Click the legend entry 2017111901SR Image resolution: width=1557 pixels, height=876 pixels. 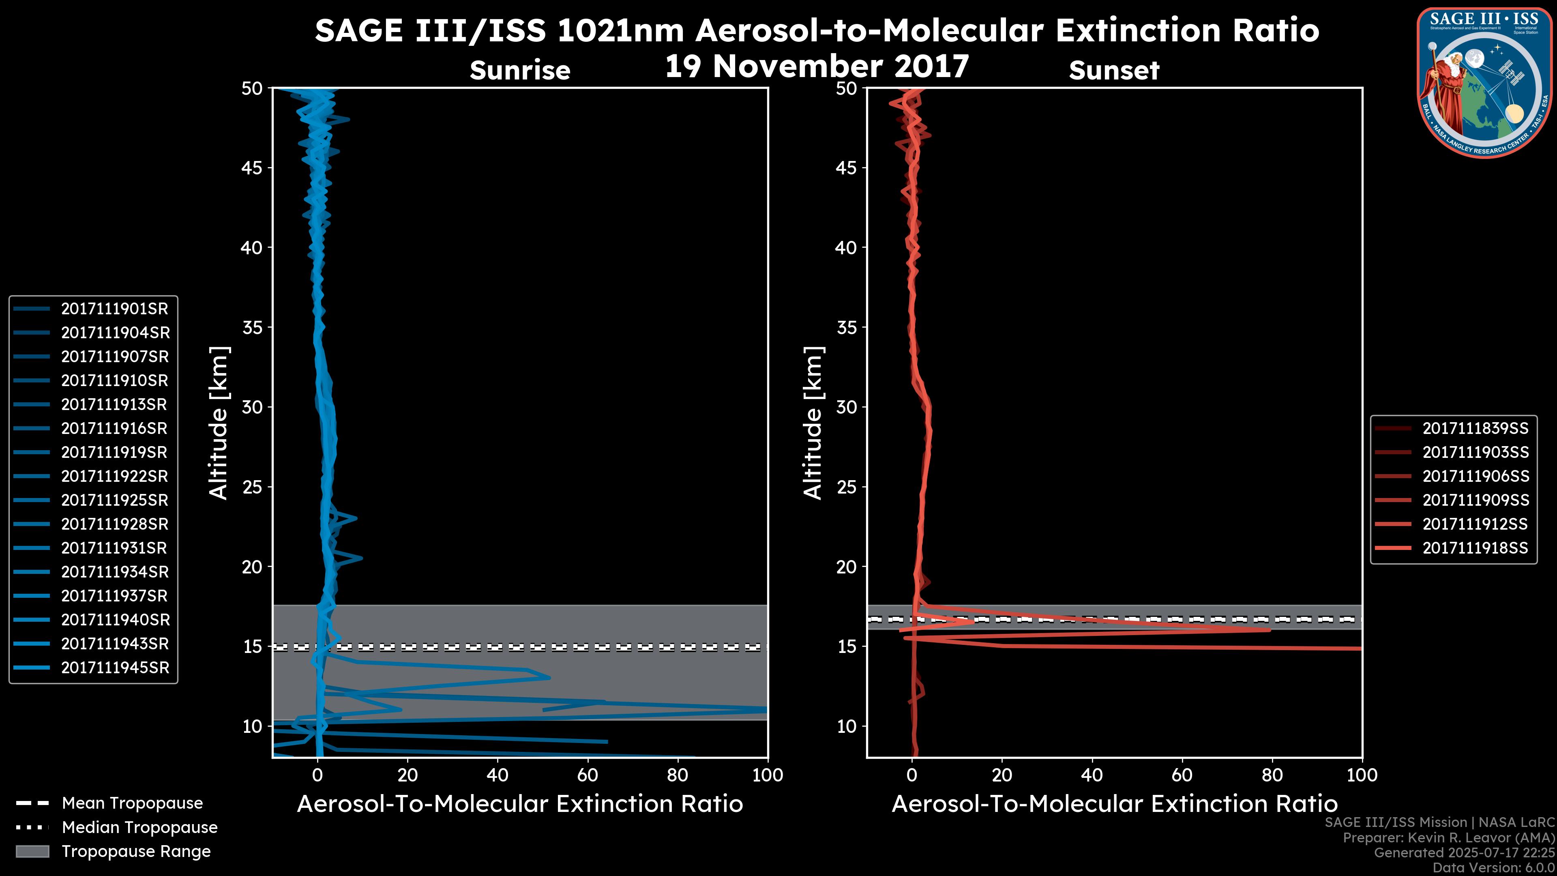(114, 309)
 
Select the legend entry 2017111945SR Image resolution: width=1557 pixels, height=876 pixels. (115, 668)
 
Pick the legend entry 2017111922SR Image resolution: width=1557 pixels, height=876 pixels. (114, 477)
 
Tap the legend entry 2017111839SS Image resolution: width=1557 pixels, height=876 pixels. (1475, 429)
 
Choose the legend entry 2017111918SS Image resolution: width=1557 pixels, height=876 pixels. (1475, 548)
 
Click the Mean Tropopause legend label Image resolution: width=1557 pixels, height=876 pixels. (132, 803)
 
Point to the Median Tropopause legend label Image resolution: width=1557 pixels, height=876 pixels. (139, 828)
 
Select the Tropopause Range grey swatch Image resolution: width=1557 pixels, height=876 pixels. (32, 852)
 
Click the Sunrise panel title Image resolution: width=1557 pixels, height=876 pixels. (520, 71)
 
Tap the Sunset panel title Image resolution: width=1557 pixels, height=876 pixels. (1114, 71)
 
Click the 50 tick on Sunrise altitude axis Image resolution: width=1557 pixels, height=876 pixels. (252, 89)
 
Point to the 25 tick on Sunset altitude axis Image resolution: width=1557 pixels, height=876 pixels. (847, 487)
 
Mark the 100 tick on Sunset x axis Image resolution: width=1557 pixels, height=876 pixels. (1362, 775)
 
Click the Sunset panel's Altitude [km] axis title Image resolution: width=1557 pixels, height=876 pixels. (813, 423)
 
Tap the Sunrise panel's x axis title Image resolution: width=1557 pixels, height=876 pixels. (520, 804)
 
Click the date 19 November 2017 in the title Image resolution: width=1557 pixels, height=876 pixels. (817, 67)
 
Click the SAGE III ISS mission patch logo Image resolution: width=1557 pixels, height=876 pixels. (1484, 82)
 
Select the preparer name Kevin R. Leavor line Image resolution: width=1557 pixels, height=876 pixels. (1449, 838)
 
